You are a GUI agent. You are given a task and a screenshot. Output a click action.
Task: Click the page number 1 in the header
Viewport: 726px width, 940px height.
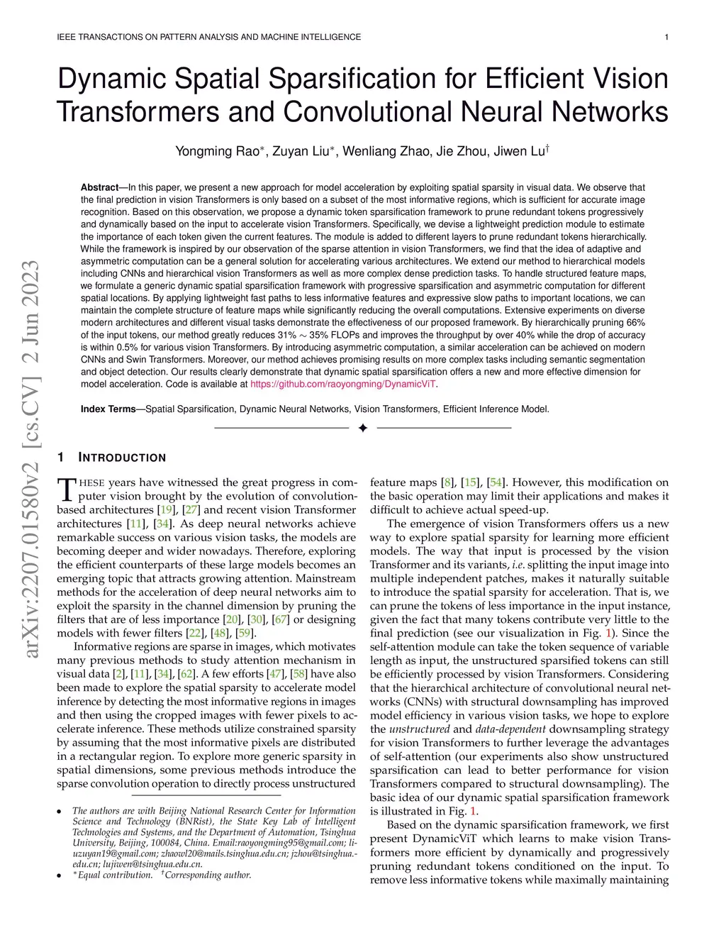pos(667,37)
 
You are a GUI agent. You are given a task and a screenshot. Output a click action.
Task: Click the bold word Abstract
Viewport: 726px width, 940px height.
pos(99,187)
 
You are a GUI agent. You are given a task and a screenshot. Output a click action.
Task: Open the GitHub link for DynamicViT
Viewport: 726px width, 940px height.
pos(344,384)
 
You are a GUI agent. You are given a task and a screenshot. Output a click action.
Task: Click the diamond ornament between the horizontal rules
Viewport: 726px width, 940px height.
pos(363,428)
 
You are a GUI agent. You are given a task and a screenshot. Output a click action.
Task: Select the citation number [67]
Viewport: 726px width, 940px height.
pos(281,619)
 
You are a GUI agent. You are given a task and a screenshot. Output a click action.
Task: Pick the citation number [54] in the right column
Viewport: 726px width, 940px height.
pos(496,482)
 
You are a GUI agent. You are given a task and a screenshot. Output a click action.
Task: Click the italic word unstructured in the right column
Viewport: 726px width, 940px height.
pos(420,729)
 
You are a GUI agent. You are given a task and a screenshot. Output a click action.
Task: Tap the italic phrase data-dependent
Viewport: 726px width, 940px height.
pos(510,729)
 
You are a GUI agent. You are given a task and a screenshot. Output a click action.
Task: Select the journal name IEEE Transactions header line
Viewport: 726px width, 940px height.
pos(208,37)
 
